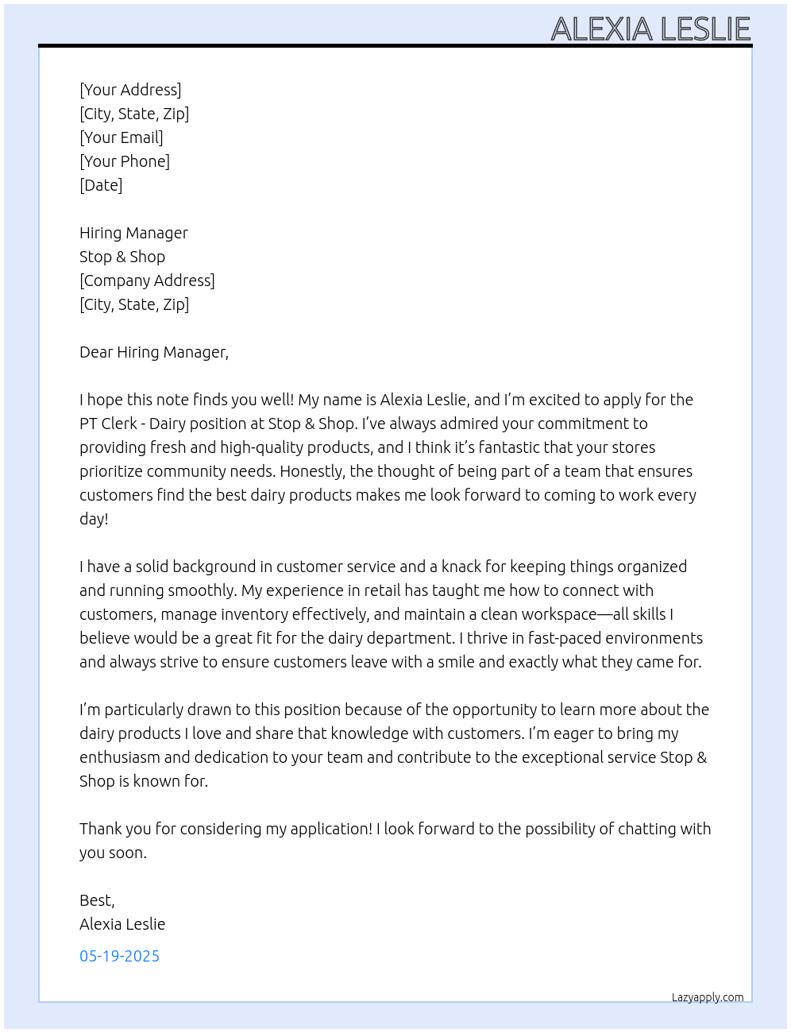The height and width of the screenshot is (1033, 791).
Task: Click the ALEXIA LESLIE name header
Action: point(650,29)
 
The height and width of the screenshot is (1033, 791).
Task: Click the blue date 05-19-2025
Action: point(119,956)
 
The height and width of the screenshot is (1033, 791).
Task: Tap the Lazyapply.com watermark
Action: point(708,997)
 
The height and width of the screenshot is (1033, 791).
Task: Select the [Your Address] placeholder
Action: point(130,90)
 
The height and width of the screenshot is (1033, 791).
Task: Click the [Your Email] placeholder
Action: point(122,137)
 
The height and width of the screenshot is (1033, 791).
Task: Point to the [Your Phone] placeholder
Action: point(125,161)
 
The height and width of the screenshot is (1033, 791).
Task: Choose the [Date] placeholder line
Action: point(101,185)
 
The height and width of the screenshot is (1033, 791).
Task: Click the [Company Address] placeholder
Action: point(147,280)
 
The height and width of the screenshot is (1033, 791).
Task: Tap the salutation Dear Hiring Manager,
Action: point(154,352)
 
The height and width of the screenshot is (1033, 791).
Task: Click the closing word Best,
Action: point(97,900)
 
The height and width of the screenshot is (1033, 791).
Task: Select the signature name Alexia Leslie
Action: point(122,924)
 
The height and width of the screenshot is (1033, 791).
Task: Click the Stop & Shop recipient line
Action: point(122,257)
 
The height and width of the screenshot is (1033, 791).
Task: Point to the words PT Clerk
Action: point(109,424)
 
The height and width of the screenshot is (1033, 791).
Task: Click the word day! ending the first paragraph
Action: point(94,519)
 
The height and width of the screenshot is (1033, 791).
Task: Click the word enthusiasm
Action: point(119,757)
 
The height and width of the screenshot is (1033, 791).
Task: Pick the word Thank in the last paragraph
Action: point(100,829)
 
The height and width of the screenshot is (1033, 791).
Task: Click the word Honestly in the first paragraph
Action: point(311,471)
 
